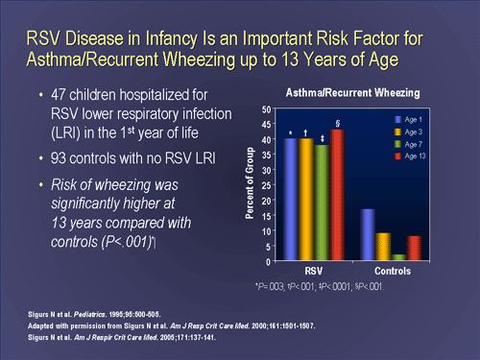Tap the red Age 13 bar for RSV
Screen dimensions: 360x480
(x=337, y=195)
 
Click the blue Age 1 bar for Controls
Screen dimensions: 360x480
(x=367, y=234)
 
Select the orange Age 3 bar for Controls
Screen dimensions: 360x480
(x=383, y=247)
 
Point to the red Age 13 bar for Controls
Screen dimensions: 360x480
(x=414, y=249)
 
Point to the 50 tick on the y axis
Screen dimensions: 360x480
(x=265, y=110)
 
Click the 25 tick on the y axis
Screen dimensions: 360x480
(x=265, y=185)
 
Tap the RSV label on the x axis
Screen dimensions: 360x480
(x=313, y=272)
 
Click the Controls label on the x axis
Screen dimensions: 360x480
(x=391, y=272)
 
